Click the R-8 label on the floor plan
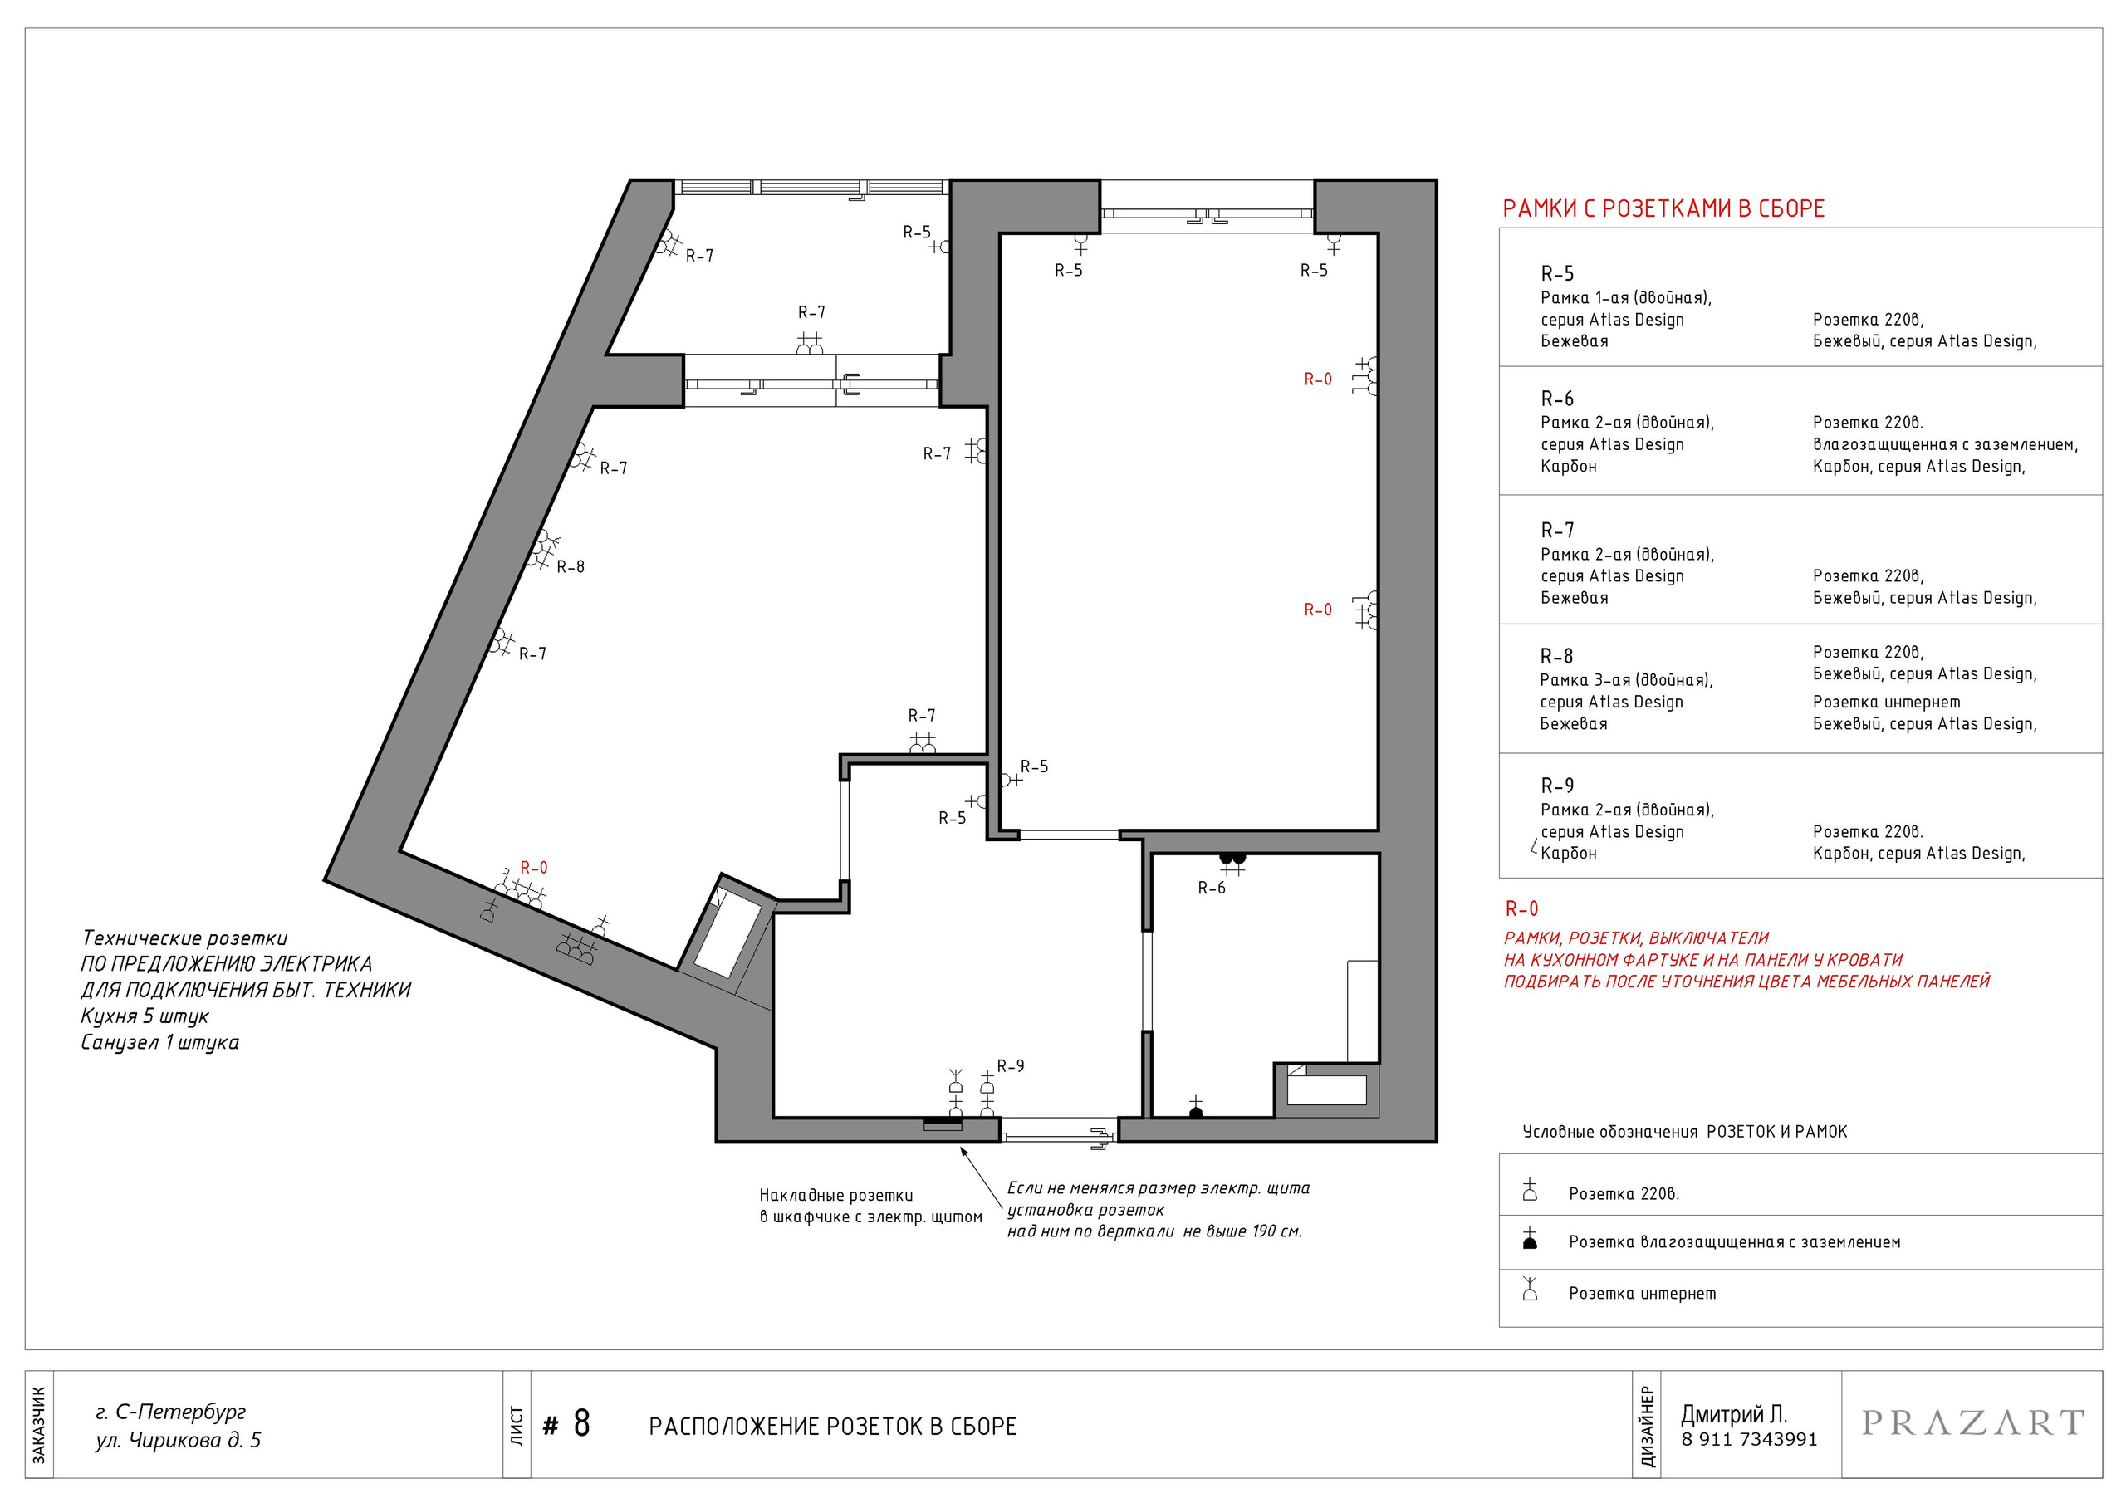[571, 567]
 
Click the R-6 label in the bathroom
[1211, 888]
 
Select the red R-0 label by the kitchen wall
[533, 868]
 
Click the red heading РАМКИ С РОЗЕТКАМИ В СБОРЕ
[1663, 208]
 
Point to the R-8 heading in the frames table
[1556, 657]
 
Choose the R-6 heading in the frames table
[1556, 399]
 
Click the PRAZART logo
[1972, 1422]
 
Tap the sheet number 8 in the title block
[581, 1423]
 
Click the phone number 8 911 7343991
[1749, 1439]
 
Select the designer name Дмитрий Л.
[1734, 1414]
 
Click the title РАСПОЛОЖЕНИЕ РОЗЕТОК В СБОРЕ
[832, 1426]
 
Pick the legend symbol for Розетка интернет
[1530, 1288]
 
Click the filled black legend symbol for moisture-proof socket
[1530, 1238]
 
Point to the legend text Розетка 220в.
[1624, 1194]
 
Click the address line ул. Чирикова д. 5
[178, 1440]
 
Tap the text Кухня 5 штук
[145, 1016]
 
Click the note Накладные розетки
[835, 1196]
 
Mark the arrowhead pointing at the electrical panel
[963, 1152]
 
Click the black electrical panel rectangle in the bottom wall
[943, 1124]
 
